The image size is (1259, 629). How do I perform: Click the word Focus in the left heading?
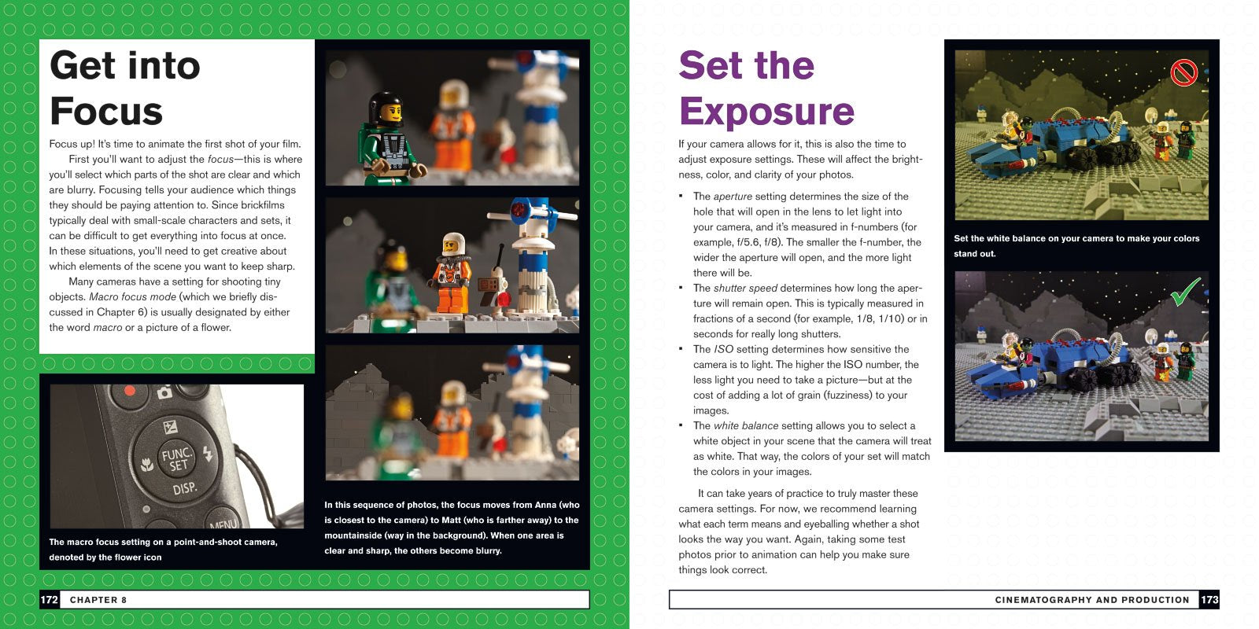[106, 112]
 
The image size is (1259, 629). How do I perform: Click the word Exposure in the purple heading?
[766, 112]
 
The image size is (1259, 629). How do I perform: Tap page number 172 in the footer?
[49, 600]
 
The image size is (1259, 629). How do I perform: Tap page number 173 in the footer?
[1209, 600]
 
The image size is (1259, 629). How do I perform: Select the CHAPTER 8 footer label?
[98, 600]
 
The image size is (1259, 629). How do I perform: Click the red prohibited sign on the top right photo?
[1183, 73]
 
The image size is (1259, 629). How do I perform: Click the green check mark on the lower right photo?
[1185, 292]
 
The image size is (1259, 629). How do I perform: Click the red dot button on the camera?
[130, 390]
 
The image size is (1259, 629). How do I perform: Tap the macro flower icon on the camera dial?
[146, 465]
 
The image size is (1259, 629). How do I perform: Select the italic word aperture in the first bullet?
[733, 197]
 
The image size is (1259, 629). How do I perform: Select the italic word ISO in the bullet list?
[723, 349]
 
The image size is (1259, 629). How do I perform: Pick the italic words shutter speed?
[745, 289]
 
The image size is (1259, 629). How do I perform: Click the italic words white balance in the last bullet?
[745, 426]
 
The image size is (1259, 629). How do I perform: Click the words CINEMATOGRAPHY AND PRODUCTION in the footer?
[1091, 600]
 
